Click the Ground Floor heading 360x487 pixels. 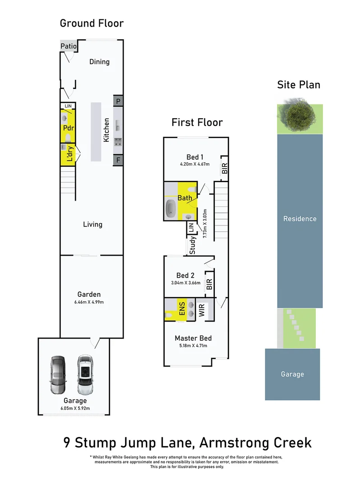point(92,23)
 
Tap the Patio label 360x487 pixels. point(69,46)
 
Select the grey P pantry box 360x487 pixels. point(118,101)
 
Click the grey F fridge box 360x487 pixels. point(118,160)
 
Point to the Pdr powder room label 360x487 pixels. point(68,128)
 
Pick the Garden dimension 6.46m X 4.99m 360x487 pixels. point(88,303)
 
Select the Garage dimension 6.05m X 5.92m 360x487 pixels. point(75,409)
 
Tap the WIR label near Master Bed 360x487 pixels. point(202,309)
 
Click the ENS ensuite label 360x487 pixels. point(182,309)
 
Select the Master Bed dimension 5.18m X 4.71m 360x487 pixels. point(193,346)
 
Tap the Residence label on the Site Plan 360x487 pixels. point(300,219)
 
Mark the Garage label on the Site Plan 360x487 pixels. point(292,374)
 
